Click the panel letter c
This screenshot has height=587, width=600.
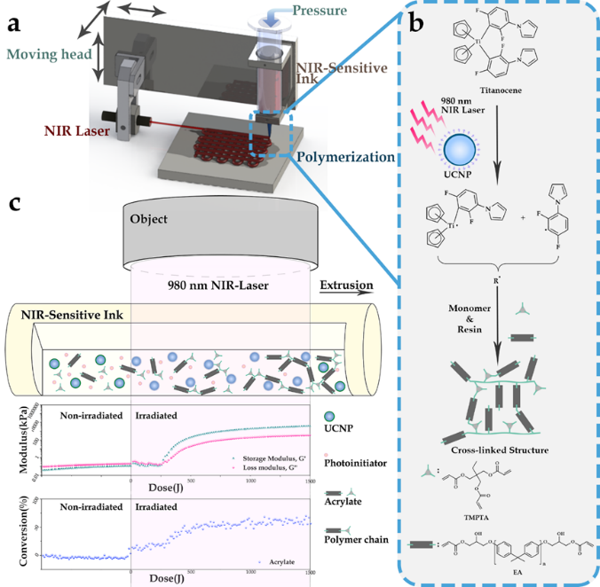13,203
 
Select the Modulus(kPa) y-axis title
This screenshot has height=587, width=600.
23,443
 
